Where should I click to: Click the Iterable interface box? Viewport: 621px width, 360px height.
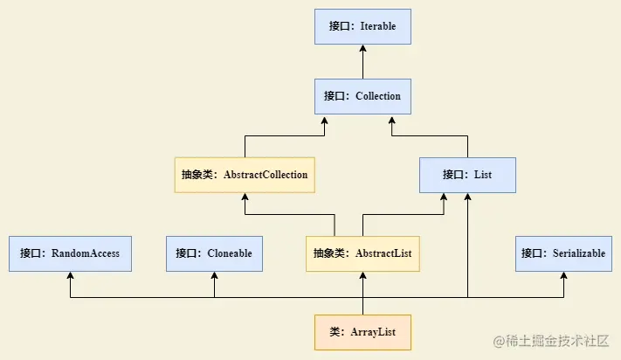click(362, 26)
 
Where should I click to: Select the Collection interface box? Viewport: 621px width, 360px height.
click(362, 96)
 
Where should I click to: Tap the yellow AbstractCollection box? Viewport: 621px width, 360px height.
click(245, 175)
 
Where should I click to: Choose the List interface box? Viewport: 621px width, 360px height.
click(467, 175)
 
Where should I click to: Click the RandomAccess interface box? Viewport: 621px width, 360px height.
click(70, 253)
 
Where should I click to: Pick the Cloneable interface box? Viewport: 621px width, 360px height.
click(214, 253)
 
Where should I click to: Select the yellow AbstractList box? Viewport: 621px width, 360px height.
click(362, 253)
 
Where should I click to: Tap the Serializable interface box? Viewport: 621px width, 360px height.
click(563, 253)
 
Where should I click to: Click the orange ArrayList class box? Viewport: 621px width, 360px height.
click(362, 332)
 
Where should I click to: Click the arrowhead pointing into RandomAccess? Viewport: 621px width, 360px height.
click(70, 276)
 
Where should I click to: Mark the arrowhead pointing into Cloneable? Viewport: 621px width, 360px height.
click(214, 276)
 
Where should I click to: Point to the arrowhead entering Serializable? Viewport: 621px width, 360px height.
click(563, 276)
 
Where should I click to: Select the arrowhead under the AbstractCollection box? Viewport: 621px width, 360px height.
click(245, 197)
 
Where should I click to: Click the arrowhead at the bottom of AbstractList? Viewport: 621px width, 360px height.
click(362, 276)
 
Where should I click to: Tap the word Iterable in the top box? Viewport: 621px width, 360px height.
click(377, 26)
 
